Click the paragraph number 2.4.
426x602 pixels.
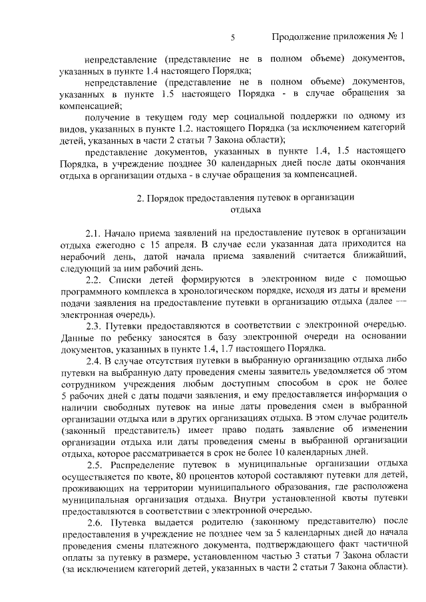click(94, 361)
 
